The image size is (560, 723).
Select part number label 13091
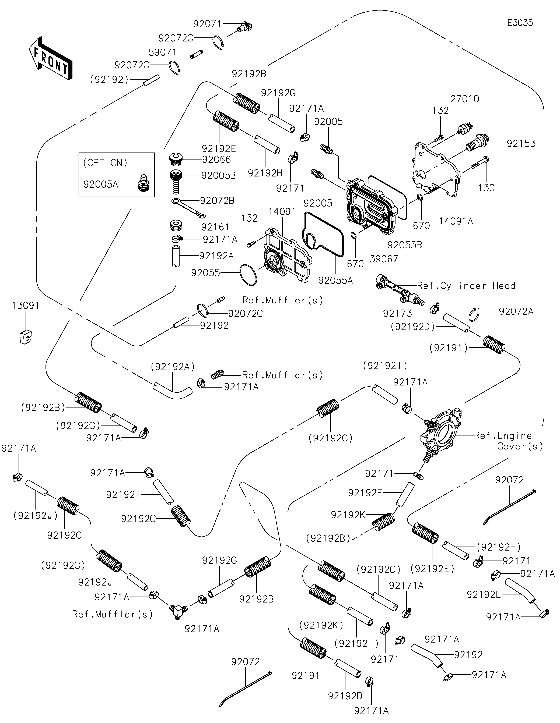click(26, 306)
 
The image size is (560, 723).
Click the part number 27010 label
click(465, 99)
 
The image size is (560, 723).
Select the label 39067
click(384, 259)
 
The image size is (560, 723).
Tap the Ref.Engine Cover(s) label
click(508, 441)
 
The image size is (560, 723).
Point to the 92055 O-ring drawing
click(248, 274)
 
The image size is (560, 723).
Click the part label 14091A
click(456, 221)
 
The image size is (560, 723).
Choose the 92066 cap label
click(216, 160)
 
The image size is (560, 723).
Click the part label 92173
click(397, 313)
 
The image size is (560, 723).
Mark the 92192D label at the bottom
click(345, 696)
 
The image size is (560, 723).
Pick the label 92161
click(215, 227)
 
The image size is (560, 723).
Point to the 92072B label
click(217, 201)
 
